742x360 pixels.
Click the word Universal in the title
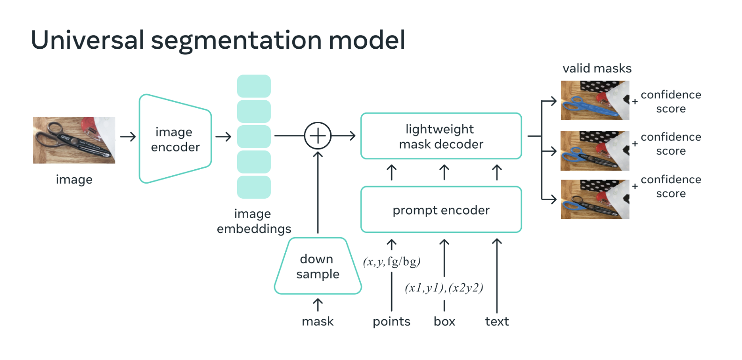point(87,40)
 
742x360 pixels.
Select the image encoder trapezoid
point(175,139)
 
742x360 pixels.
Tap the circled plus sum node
point(318,136)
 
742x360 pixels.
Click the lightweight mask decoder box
point(441,136)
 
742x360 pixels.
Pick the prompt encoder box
point(441,210)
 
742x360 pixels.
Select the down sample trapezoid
point(318,266)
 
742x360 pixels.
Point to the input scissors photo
point(74,140)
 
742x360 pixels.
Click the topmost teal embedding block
point(254,86)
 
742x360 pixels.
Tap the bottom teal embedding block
point(254,187)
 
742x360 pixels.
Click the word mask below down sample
point(318,322)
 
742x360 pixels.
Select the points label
point(391,322)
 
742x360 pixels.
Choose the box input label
point(444,322)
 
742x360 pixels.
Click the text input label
point(497,322)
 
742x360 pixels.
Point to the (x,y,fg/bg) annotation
point(392,262)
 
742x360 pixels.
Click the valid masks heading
point(597,68)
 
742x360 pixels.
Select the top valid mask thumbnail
point(594,100)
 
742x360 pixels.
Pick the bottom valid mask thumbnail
point(594,199)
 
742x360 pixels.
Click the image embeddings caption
point(253,221)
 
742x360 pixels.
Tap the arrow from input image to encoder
point(127,136)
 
